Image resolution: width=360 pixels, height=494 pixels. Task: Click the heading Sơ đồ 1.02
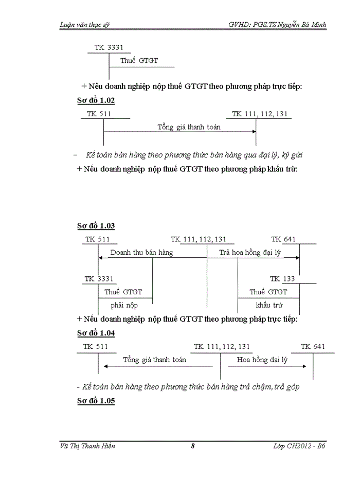pyautogui.click(x=96, y=100)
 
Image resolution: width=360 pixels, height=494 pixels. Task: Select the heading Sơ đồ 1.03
pyautogui.click(x=96, y=225)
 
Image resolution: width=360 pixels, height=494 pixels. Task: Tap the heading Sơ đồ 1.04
pyautogui.click(x=96, y=333)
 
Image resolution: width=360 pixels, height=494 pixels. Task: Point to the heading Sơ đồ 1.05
pyautogui.click(x=96, y=400)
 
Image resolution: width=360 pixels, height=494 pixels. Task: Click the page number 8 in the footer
pyautogui.click(x=192, y=446)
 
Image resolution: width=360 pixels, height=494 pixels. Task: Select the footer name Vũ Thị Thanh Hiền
pyautogui.click(x=88, y=446)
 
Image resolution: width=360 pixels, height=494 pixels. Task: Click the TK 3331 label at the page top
pyautogui.click(x=109, y=48)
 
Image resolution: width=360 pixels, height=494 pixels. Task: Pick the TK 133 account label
pyautogui.click(x=282, y=279)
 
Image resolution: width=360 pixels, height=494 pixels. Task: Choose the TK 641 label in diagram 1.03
pyautogui.click(x=283, y=239)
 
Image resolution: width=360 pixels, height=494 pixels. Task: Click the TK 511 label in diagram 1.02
pyautogui.click(x=99, y=114)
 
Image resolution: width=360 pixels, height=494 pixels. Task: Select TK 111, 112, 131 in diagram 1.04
pyautogui.click(x=222, y=347)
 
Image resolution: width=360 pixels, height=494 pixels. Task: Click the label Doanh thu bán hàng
pyautogui.click(x=141, y=253)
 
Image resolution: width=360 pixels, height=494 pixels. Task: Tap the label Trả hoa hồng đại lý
pyautogui.click(x=253, y=253)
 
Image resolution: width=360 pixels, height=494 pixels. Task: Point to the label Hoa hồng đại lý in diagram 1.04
pyautogui.click(x=262, y=360)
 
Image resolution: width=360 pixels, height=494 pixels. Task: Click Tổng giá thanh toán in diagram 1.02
pyautogui.click(x=189, y=127)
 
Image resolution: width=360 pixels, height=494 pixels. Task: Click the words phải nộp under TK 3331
pyautogui.click(x=124, y=305)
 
